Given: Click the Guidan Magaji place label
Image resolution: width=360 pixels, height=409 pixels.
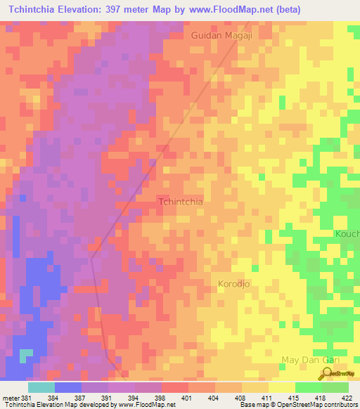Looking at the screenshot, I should click(x=221, y=34).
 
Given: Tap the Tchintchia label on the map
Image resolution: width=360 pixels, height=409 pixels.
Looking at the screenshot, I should click(x=181, y=202).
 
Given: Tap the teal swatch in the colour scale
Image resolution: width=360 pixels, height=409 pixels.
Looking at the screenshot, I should click(x=41, y=387).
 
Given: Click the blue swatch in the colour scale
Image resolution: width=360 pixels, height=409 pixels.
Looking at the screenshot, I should click(x=68, y=387).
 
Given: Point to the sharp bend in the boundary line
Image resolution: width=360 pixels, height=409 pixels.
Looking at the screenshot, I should click(x=91, y=258).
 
